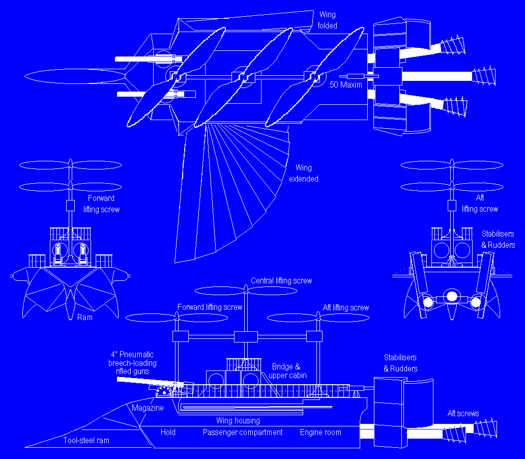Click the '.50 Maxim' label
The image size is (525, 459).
(x=346, y=84)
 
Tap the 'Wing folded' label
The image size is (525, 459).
(x=328, y=20)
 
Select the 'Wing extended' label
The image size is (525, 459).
(x=304, y=173)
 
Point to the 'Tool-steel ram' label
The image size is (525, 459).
(x=86, y=440)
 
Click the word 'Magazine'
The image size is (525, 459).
(x=148, y=408)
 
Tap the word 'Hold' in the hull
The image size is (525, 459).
(x=168, y=432)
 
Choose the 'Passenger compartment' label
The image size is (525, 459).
(x=243, y=432)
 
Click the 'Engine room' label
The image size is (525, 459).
(x=320, y=432)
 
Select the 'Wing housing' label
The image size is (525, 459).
(x=238, y=420)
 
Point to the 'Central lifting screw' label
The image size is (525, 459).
(x=281, y=280)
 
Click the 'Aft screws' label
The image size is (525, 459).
(x=463, y=413)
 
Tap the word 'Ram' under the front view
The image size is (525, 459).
(x=84, y=317)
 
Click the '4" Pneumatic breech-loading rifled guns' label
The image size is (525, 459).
(x=132, y=363)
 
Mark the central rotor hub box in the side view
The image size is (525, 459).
(x=246, y=336)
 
